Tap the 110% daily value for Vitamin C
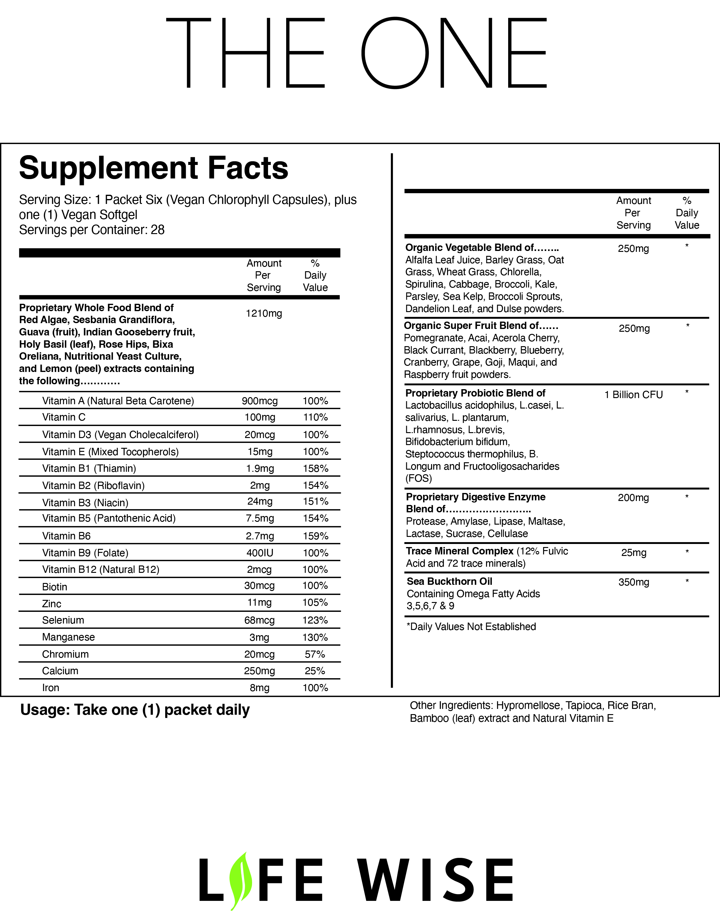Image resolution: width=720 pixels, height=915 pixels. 315,417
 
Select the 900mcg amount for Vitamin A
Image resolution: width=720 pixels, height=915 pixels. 260,401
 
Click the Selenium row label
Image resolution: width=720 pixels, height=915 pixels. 63,620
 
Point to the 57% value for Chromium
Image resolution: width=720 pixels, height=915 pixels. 315,655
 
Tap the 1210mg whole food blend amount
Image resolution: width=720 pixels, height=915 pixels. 263,313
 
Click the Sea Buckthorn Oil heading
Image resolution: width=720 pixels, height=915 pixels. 450,581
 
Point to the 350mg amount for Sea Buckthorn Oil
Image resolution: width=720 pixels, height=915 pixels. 634,582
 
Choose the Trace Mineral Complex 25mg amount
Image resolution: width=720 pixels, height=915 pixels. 634,553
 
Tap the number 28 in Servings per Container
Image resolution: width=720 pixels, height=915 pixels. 157,230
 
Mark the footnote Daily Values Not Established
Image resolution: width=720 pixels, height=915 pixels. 471,627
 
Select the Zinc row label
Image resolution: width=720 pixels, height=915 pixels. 52,604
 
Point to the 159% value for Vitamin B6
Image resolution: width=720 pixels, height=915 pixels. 315,536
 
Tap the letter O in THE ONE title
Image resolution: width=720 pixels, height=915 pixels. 395,53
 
